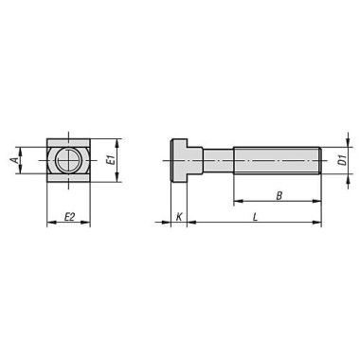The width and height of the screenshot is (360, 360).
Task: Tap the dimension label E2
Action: pos(69,217)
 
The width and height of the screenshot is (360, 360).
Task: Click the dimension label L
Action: pos(257,217)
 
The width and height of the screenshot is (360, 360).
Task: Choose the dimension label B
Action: pos(277,194)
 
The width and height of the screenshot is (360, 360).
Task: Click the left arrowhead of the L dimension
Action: pos(190,225)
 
